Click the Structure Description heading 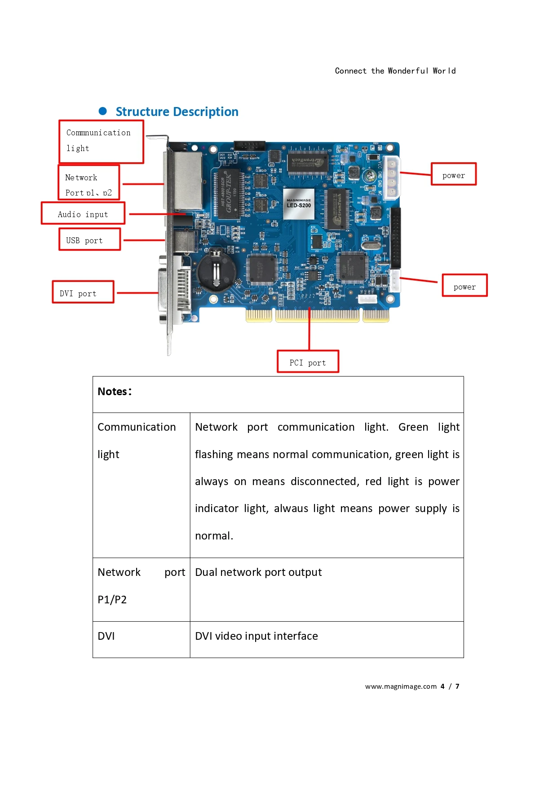[177, 111]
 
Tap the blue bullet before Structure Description [103, 111]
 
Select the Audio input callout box [83, 214]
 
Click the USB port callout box [90, 240]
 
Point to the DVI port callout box [83, 292]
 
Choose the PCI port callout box [308, 362]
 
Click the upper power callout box [453, 174]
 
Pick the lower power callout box [464, 286]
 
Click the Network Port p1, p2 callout [89, 183]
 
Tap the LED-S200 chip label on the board [299, 204]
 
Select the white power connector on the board [391, 178]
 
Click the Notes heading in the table [115, 392]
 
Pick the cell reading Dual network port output [258, 572]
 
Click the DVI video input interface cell [256, 636]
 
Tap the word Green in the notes [413, 427]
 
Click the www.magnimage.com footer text [401, 686]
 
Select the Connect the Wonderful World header [395, 71]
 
